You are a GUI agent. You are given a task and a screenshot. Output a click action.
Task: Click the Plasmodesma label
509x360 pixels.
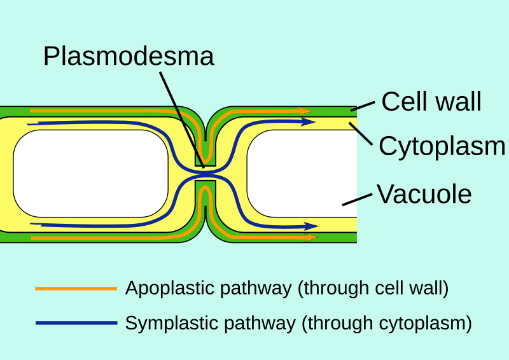[x=129, y=57]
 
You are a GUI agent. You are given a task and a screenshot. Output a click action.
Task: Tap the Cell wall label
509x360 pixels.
[x=431, y=102]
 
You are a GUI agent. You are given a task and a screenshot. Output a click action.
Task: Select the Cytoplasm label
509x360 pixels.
[x=442, y=146]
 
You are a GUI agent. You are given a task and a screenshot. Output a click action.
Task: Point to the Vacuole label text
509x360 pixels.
[x=424, y=194]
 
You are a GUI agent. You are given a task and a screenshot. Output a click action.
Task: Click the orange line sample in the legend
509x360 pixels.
[x=76, y=289]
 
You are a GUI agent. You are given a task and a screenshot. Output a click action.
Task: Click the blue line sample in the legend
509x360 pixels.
[x=76, y=323]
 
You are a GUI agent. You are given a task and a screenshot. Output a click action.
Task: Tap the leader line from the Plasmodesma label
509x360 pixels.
[x=181, y=118]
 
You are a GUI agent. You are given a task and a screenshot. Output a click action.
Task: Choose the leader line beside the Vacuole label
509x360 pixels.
[x=357, y=198]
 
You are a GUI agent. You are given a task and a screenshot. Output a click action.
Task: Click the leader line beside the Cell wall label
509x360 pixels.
[x=363, y=105]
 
